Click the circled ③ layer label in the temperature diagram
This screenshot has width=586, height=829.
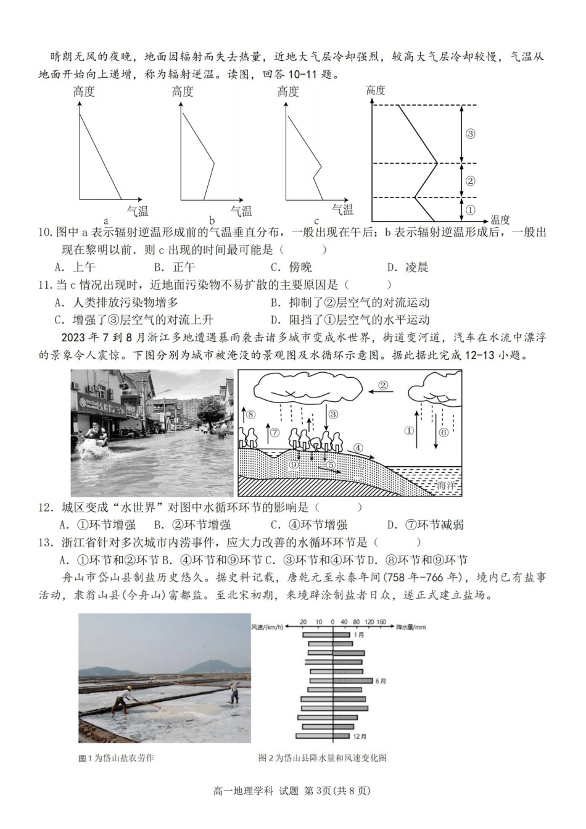click(x=470, y=133)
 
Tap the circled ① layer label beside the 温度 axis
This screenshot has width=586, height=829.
click(x=470, y=210)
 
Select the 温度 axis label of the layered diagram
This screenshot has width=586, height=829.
click(x=500, y=220)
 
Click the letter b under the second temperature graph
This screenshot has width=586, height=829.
click(x=212, y=221)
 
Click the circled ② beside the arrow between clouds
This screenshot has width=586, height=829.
click(x=383, y=386)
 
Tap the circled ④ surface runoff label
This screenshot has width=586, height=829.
click(x=358, y=448)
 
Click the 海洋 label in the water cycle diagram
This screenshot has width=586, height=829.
click(x=445, y=486)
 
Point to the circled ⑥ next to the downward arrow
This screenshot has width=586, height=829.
click(x=443, y=432)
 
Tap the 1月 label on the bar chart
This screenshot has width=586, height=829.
click(x=360, y=635)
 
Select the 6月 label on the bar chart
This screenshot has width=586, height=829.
click(x=380, y=681)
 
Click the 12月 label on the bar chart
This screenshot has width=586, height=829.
click(x=360, y=736)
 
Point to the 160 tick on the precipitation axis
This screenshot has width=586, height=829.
click(x=381, y=622)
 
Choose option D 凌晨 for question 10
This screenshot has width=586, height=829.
click(x=408, y=267)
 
